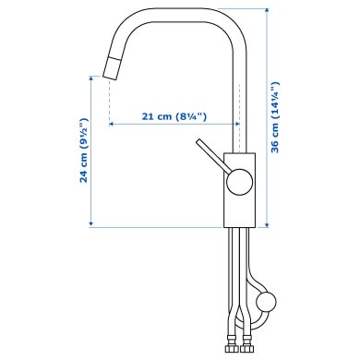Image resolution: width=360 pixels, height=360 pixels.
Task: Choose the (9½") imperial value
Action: point(83,132)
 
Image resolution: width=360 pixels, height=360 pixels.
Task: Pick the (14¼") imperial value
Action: point(275,99)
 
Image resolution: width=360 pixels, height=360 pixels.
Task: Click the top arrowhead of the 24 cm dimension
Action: point(92,80)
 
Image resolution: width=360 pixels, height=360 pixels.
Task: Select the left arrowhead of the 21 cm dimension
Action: point(114,125)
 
